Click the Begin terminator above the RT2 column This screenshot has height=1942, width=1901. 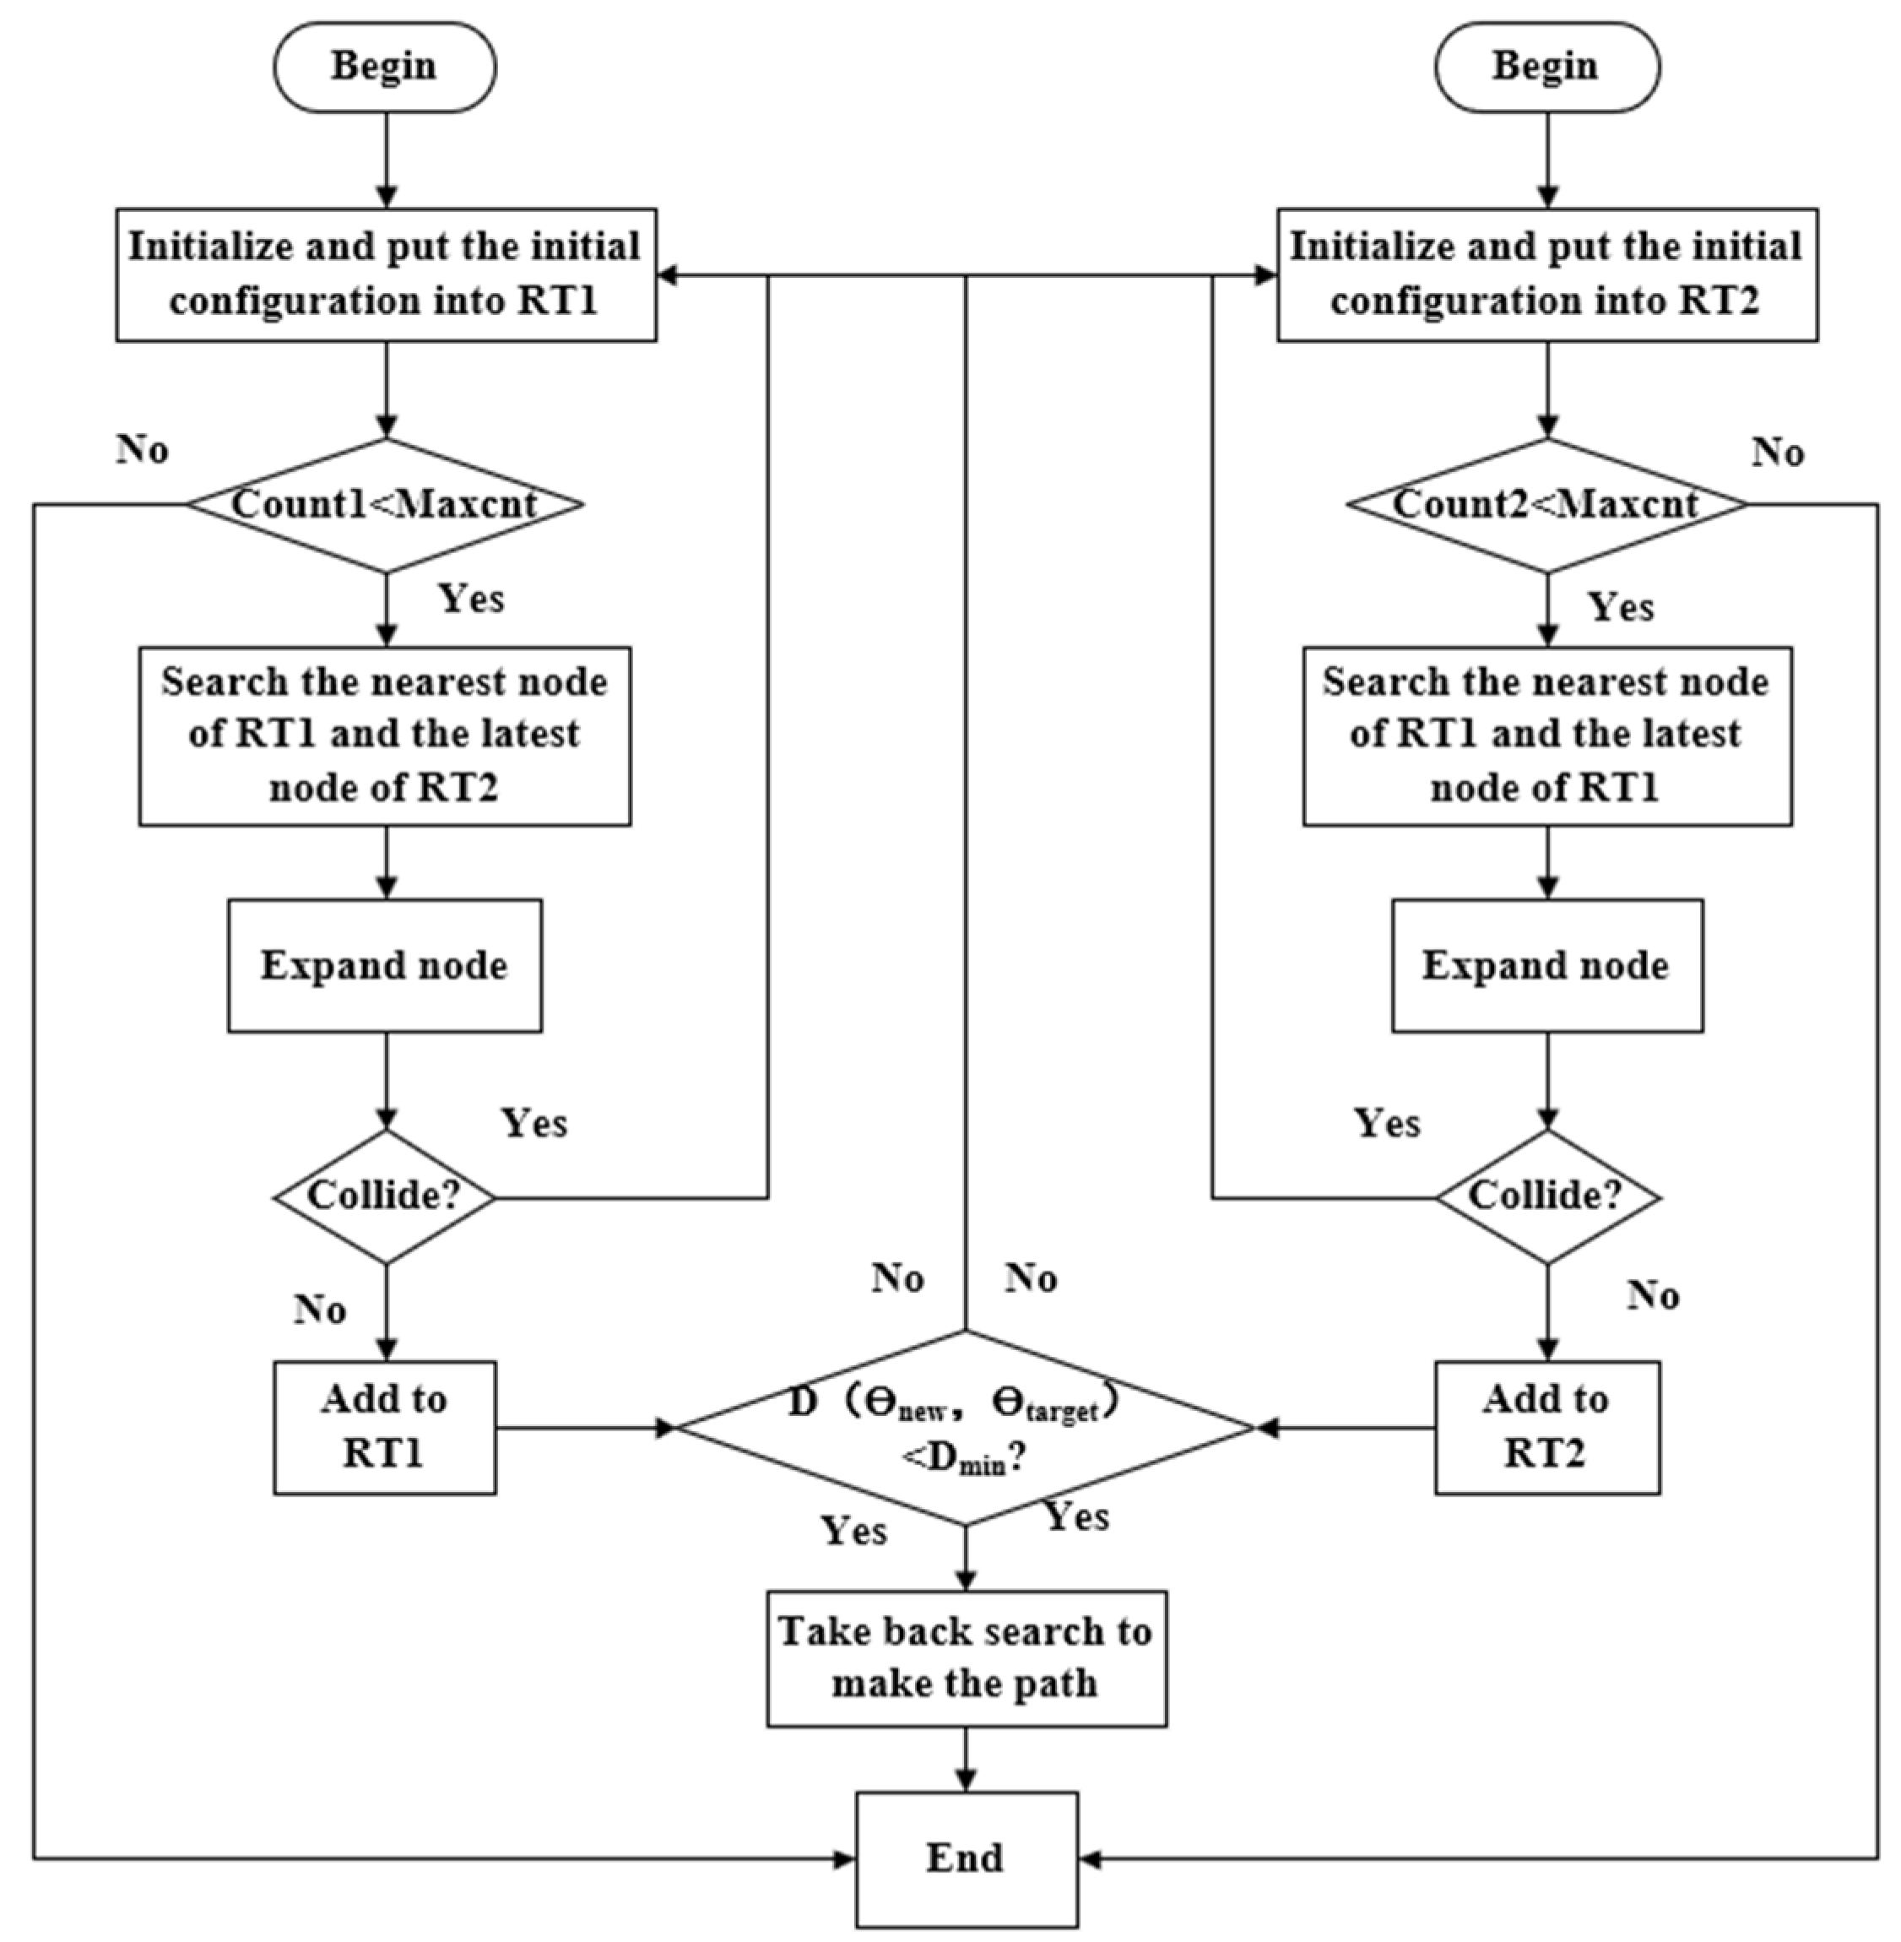point(1546,67)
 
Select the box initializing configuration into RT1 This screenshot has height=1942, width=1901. point(386,274)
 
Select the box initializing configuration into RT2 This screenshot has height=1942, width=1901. point(1546,274)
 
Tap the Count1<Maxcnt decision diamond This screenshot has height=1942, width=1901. point(386,505)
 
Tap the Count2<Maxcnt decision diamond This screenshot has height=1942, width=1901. point(1546,505)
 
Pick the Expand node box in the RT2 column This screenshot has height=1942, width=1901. point(1546,965)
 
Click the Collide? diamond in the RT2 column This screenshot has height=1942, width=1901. point(1546,1196)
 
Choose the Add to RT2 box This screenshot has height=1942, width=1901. point(1546,1427)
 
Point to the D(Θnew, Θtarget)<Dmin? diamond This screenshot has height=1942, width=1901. point(965,1428)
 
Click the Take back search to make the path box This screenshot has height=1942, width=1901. point(966,1658)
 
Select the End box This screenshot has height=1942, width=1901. point(966,1858)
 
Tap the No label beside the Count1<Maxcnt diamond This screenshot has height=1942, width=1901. point(143,449)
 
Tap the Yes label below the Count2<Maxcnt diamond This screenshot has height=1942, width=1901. point(1621,606)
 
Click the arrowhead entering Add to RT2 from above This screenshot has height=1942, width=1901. point(1546,1350)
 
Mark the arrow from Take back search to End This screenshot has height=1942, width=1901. point(966,1760)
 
